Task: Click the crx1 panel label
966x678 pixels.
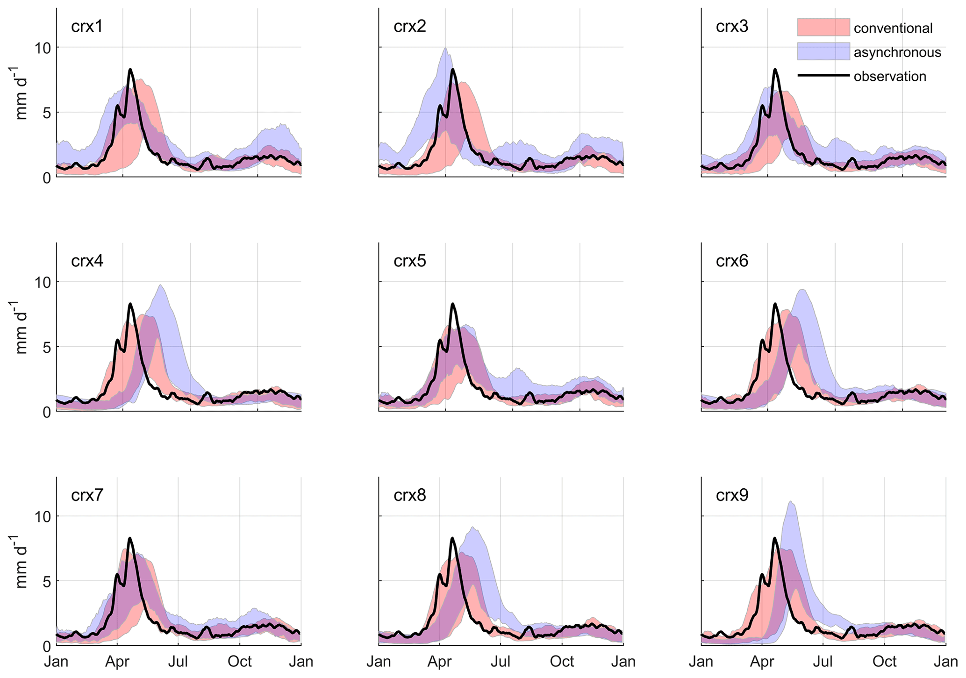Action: point(87,27)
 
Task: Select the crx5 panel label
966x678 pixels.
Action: point(409,261)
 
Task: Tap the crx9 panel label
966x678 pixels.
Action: point(732,495)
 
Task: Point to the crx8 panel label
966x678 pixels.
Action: point(409,495)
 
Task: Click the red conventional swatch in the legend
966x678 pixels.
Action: point(823,28)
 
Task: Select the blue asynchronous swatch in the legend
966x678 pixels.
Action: point(823,51)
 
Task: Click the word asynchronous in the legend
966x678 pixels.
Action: point(897,52)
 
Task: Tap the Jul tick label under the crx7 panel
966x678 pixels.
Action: point(178,662)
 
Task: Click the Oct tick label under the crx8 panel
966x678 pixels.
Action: point(562,662)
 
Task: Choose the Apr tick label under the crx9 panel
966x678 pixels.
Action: point(762,662)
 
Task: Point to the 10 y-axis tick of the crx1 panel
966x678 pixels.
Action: point(43,48)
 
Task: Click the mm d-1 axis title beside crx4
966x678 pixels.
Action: point(21,327)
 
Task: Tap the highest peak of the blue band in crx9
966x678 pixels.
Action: point(790,502)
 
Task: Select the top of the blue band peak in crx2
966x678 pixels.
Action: point(446,48)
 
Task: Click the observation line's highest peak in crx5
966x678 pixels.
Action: point(452,304)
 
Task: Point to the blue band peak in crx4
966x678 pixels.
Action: point(160,285)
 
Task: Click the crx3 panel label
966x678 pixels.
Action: point(732,27)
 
